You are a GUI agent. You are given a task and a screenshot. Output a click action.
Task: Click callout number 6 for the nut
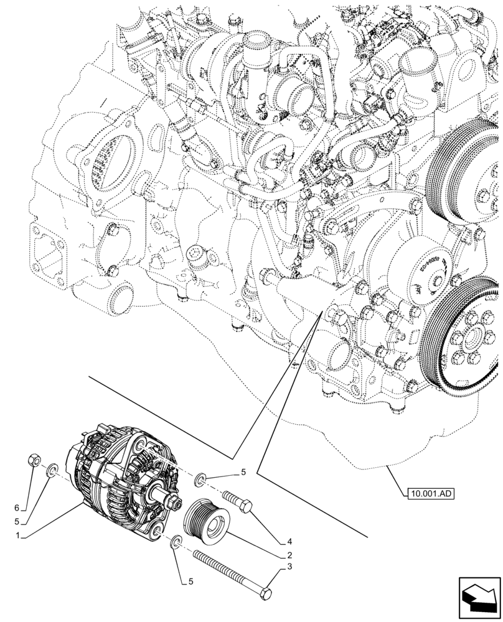click(x=17, y=491)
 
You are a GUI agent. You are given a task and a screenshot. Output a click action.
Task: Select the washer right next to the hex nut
click(x=53, y=466)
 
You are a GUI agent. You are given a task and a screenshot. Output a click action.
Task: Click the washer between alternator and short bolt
click(x=201, y=479)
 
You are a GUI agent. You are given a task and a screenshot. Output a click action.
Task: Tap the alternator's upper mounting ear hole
click(x=141, y=448)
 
